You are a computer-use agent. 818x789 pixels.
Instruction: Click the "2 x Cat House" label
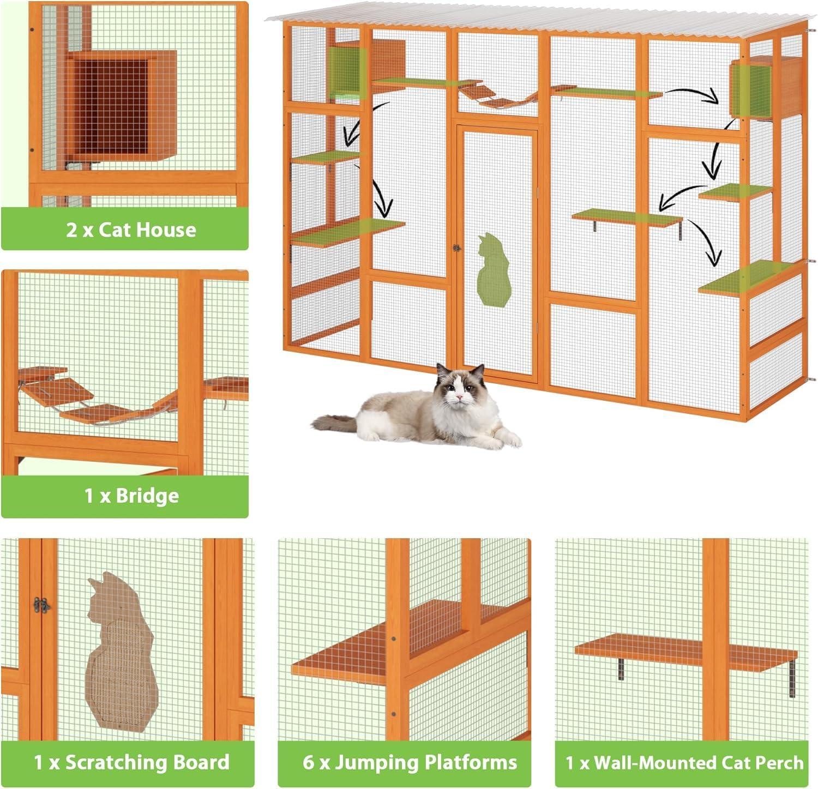coord(131,230)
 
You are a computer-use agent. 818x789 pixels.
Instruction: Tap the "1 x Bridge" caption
coord(131,496)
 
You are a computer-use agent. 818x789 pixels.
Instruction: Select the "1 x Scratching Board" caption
coord(131,762)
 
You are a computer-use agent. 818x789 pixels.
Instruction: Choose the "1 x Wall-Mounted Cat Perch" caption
coord(684,762)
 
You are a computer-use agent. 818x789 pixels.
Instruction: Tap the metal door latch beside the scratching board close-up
coord(41,604)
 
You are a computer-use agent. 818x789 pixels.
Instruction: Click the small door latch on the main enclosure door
coord(456,248)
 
